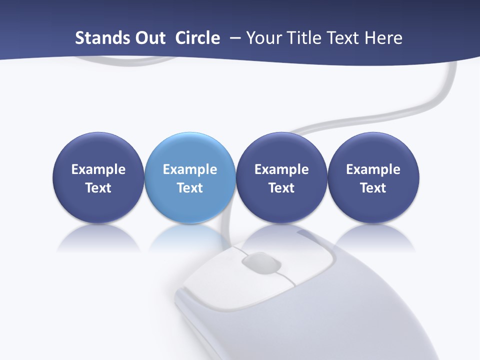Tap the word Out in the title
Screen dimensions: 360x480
click(x=148, y=38)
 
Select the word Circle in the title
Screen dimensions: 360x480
click(x=197, y=38)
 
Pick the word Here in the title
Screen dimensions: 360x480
click(x=383, y=38)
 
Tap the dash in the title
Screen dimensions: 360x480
click(x=233, y=38)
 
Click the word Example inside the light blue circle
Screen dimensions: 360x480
click(x=190, y=169)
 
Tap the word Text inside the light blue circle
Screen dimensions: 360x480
click(x=190, y=188)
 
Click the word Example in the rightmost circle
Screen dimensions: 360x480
click(x=373, y=169)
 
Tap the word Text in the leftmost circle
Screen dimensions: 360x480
click(x=98, y=188)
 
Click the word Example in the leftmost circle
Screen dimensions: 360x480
click(x=98, y=169)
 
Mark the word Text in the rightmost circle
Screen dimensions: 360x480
click(x=373, y=188)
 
